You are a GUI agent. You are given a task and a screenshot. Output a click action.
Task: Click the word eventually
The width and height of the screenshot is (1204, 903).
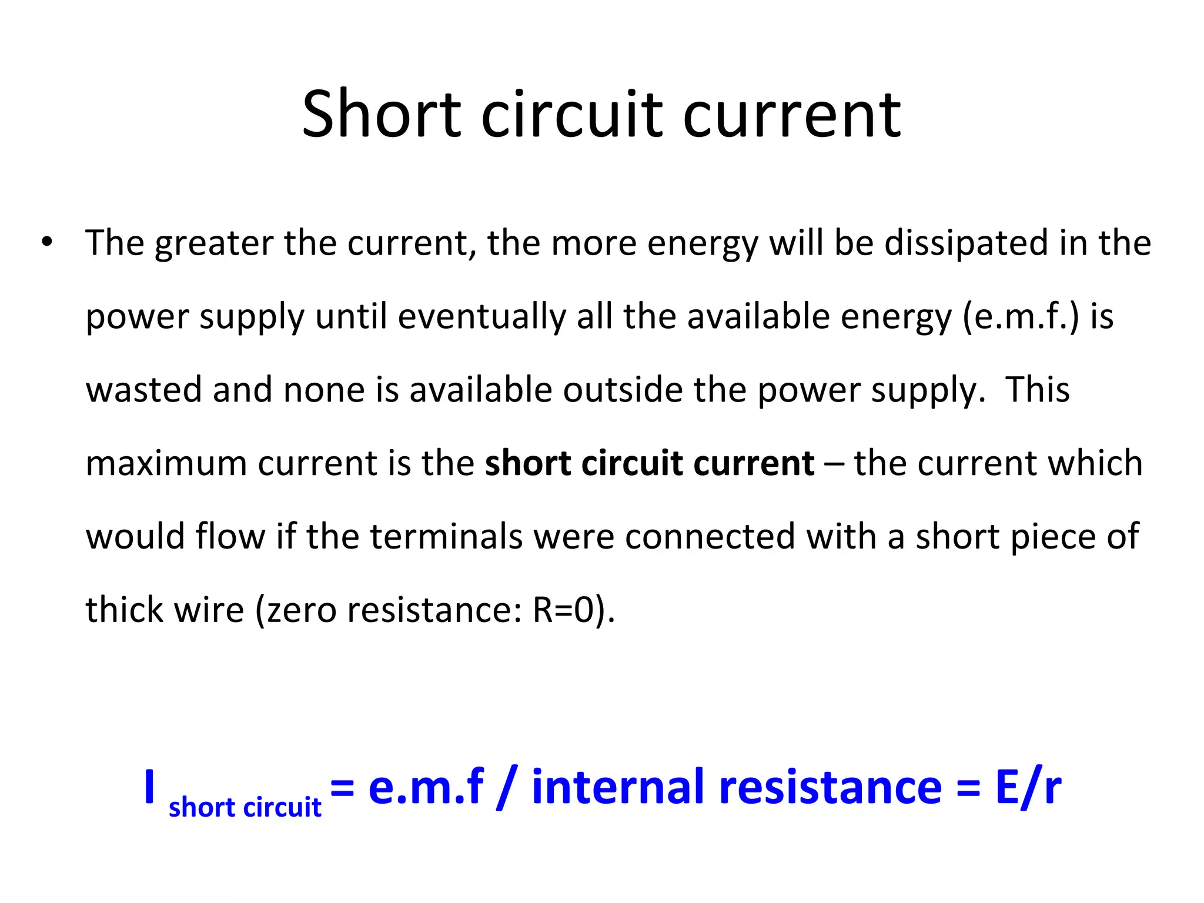[481, 316]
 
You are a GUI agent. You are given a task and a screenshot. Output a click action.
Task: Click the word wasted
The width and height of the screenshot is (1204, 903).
[143, 390]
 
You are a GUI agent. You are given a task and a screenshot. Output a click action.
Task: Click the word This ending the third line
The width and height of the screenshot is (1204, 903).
[1037, 390]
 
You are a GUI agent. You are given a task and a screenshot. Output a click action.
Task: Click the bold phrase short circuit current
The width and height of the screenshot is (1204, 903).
[650, 463]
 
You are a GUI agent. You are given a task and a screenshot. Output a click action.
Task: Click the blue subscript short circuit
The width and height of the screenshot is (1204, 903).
[245, 808]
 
